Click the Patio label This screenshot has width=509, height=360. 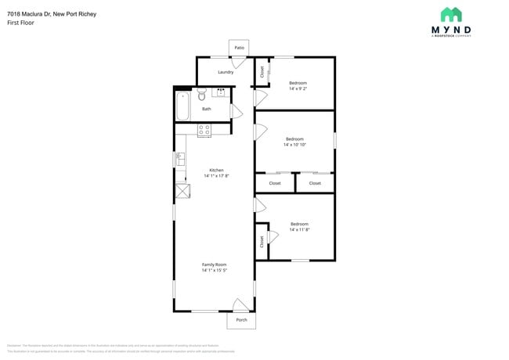[239, 49]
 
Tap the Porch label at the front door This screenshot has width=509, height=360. [241, 320]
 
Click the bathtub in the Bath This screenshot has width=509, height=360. [183, 106]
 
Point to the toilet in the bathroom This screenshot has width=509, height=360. [202, 95]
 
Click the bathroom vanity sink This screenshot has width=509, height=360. [221, 92]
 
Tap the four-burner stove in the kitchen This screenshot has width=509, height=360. [204, 131]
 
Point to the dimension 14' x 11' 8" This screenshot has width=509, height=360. [299, 230]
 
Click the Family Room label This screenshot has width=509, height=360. [214, 265]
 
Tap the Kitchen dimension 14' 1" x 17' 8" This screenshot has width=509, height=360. [215, 176]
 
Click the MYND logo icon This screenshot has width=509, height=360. [451, 14]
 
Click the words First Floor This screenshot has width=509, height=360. [21, 23]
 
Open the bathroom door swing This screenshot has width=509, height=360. [234, 110]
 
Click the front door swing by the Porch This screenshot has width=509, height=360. [241, 304]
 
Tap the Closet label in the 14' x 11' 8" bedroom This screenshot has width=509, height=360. [262, 243]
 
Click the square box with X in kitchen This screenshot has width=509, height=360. [182, 190]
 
